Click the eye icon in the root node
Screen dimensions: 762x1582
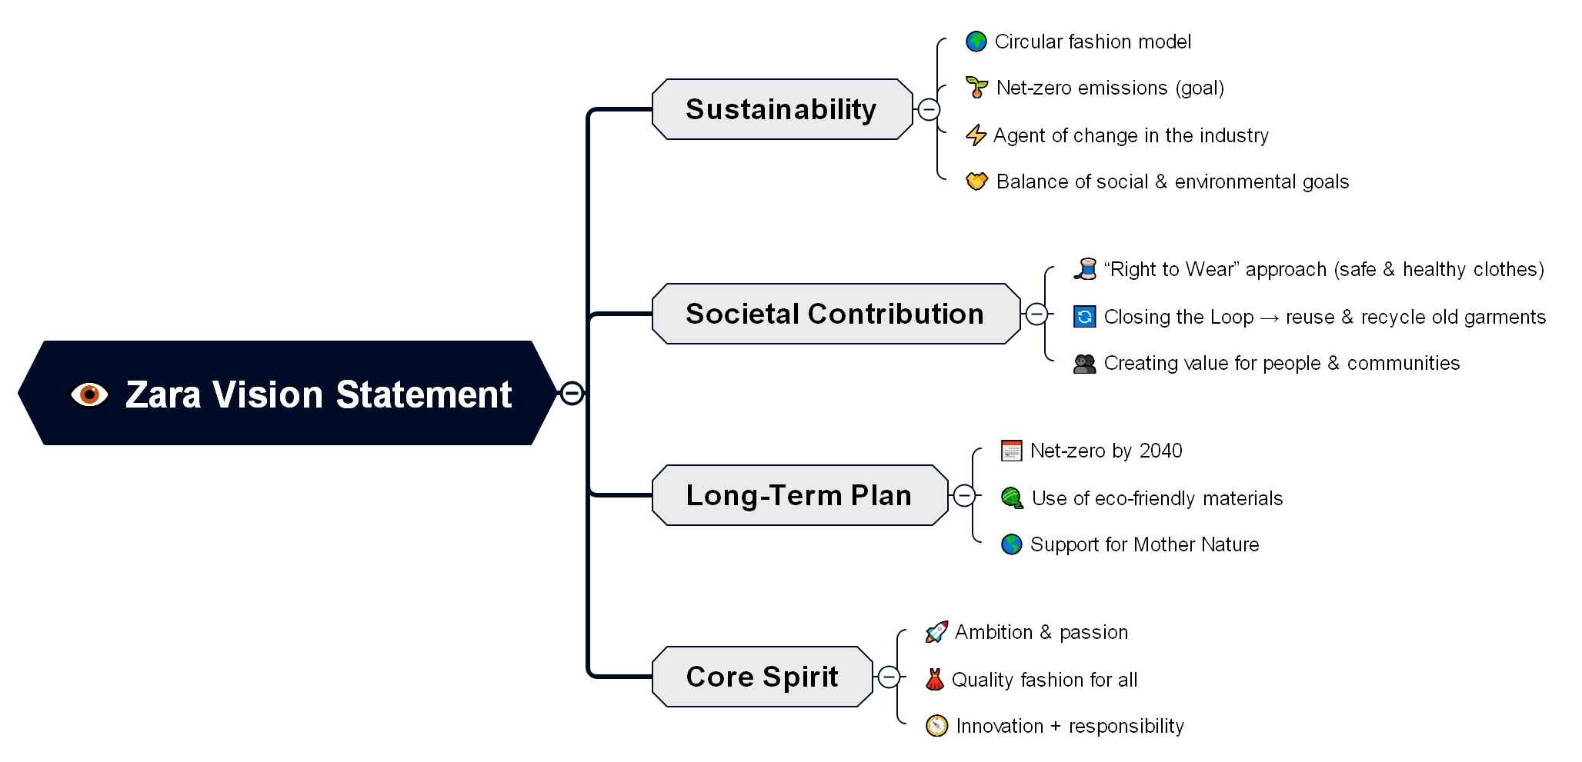(x=89, y=394)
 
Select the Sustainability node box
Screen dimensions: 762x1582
(x=781, y=109)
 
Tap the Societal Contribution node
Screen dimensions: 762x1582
(x=835, y=314)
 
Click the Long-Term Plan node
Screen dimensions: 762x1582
(x=799, y=495)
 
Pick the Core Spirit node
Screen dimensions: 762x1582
(x=762, y=677)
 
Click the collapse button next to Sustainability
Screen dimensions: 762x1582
(x=929, y=110)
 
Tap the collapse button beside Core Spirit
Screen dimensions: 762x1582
(x=889, y=677)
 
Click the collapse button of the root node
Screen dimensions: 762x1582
(x=572, y=393)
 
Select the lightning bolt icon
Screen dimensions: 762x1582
(x=976, y=135)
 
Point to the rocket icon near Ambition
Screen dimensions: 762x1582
(x=936, y=632)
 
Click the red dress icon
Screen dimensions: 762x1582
(x=935, y=680)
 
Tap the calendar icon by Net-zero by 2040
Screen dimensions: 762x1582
(x=1011, y=451)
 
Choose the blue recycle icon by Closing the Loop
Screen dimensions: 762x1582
(x=1084, y=317)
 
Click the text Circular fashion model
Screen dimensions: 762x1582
(x=1093, y=42)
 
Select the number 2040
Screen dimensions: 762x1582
(x=1160, y=451)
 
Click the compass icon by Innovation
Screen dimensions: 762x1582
(x=936, y=726)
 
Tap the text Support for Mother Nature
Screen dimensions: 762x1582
(x=1144, y=544)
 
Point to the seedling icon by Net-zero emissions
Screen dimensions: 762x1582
(x=976, y=88)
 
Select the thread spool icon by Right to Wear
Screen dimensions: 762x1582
(x=1085, y=269)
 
